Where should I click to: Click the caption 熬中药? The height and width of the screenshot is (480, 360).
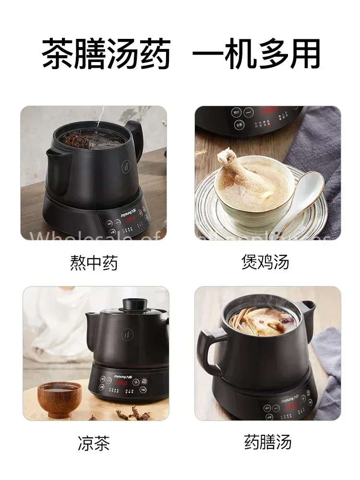[x=94, y=263]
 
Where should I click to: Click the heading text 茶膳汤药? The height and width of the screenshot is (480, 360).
[x=106, y=54]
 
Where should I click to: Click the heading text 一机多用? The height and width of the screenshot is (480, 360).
[x=256, y=54]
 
